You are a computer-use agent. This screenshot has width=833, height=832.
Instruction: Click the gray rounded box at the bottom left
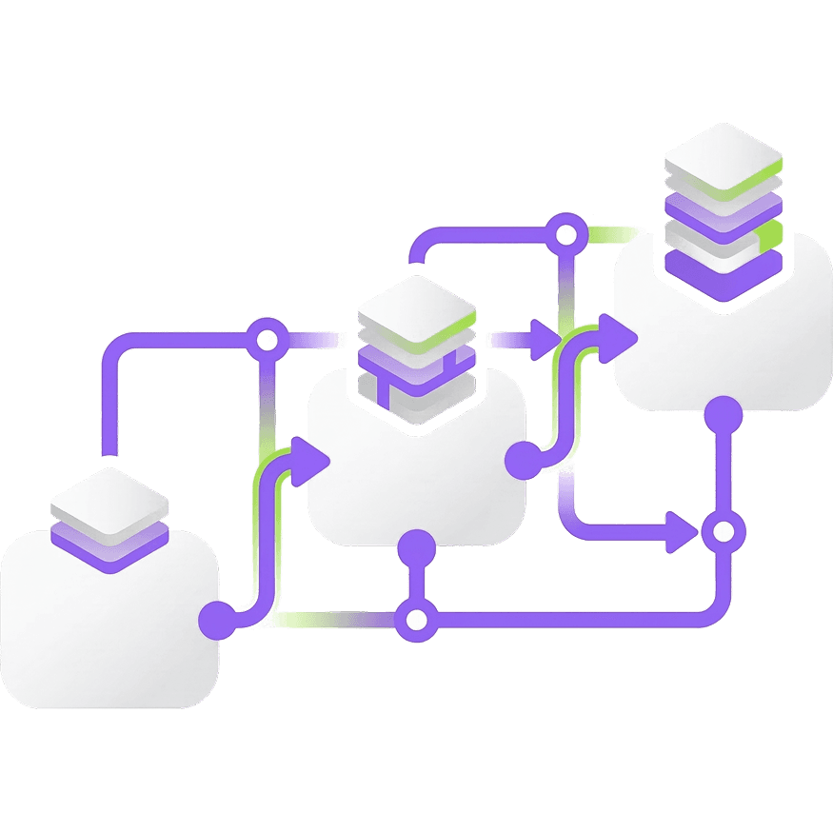pyautogui.click(x=105, y=638)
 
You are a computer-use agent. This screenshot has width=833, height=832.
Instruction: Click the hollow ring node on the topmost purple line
pyautogui.click(x=566, y=230)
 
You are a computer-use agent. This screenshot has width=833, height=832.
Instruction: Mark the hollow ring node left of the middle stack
pyautogui.click(x=267, y=337)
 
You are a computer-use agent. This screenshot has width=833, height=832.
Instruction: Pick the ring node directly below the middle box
pyautogui.click(x=416, y=619)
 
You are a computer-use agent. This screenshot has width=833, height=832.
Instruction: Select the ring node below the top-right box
pyautogui.click(x=724, y=531)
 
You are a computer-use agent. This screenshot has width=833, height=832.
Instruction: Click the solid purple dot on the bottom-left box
pyautogui.click(x=218, y=620)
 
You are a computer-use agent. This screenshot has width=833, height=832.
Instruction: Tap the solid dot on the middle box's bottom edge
pyautogui.click(x=416, y=549)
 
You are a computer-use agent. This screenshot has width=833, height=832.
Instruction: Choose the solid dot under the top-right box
pyautogui.click(x=724, y=414)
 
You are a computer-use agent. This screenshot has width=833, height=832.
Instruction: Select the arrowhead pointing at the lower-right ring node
pyautogui.click(x=684, y=531)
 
